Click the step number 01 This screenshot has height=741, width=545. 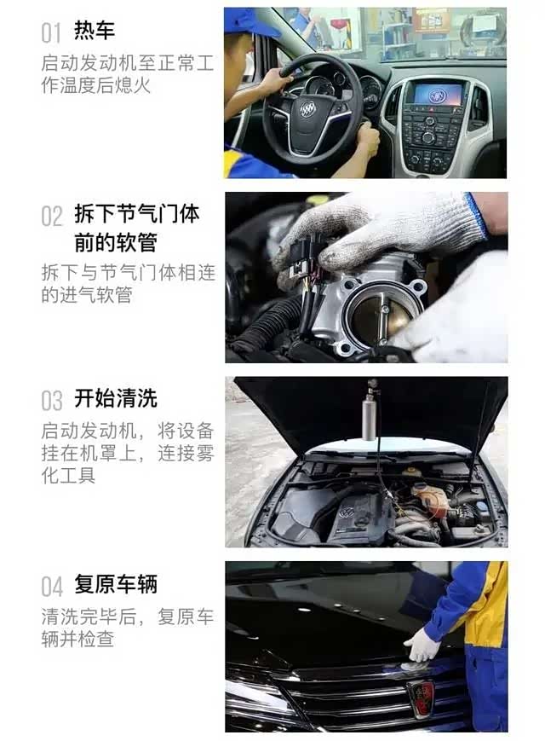51,33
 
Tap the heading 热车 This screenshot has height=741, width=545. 95,31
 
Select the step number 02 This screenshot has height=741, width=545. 51,217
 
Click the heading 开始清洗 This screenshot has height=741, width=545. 116,398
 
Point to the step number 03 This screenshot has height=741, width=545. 51,401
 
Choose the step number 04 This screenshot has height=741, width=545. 51,587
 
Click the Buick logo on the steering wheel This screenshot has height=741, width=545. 307,110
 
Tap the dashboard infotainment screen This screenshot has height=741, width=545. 438,94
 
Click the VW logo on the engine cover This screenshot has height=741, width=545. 347,512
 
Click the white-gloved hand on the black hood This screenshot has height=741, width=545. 422,645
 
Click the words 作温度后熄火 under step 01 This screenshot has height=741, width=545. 95,85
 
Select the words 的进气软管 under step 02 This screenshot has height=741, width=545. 86,295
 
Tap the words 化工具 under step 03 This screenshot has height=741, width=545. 68,476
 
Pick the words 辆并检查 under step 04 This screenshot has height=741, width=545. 77,639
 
